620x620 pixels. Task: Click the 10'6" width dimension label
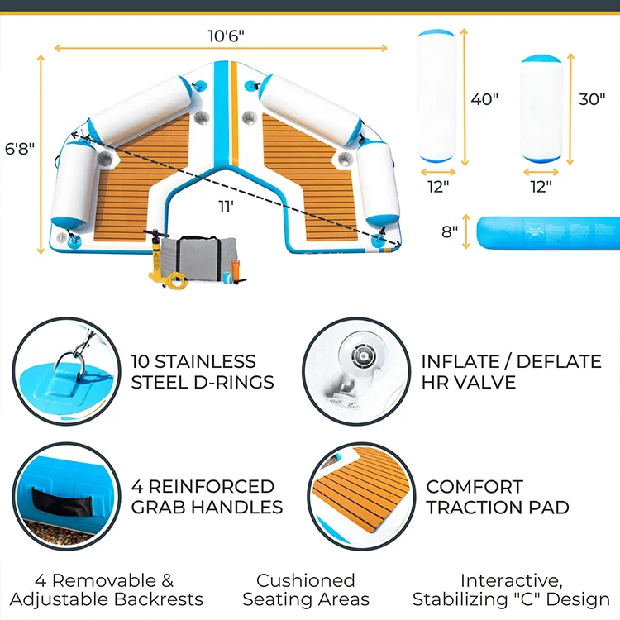click(x=226, y=36)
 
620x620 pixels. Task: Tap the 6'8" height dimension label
click(x=19, y=149)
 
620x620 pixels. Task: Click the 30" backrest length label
click(x=591, y=99)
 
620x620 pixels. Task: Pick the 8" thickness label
click(x=449, y=232)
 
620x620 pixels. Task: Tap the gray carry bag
click(x=193, y=256)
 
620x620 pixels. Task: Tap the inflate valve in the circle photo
click(x=361, y=357)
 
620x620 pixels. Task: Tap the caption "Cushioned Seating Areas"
click(x=305, y=589)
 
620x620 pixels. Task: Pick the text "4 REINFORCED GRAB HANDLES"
click(x=207, y=496)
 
